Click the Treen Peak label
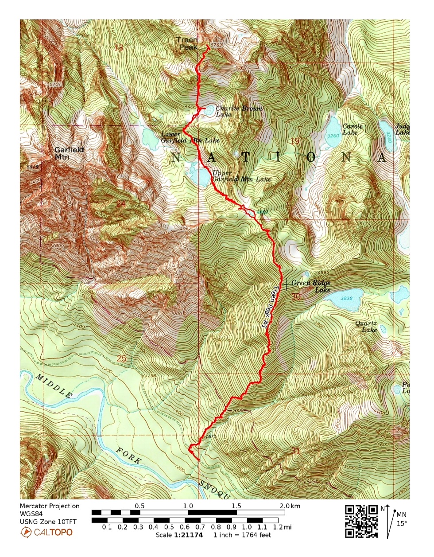pos(187,43)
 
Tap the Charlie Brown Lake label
pos(239,111)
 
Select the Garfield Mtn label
pos(69,153)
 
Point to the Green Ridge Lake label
pos(311,286)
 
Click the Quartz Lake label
pos(366,326)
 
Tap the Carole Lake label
pos(353,129)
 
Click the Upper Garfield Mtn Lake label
pos(241,176)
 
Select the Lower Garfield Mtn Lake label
pos(190,137)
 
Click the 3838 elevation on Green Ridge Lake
pos(346,298)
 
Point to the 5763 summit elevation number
pos(217,45)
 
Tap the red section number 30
pos(296,296)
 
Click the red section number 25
pos(121,358)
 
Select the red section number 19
pos(295,141)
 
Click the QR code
pos(361,521)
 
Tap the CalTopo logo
pos(46,532)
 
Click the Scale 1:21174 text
pos(179,535)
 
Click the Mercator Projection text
pos(50,506)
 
